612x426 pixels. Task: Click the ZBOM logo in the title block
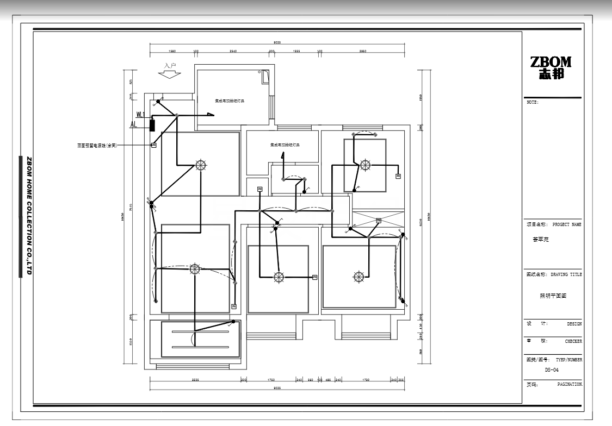pos(551,68)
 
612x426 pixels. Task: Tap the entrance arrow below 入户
pos(170,74)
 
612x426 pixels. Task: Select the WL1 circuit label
pos(140,115)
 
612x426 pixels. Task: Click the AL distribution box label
pos(133,124)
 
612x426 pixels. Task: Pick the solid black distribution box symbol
pos(153,124)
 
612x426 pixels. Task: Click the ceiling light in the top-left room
pos(201,165)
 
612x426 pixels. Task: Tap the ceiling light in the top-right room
pos(365,165)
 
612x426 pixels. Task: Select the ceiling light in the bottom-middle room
pos(279,277)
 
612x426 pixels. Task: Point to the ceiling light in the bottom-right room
pos(358,277)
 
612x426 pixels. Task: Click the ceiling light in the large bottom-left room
pos(195,268)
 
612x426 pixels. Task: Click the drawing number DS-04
pos(551,369)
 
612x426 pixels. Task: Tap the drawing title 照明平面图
pos(553,296)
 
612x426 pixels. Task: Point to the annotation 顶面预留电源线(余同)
pos(97,146)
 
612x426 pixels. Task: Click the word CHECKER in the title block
pos(572,342)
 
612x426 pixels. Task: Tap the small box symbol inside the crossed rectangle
pos(379,221)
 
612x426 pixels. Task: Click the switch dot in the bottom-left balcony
pos(233,322)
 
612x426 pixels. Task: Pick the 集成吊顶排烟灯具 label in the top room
pos(229,101)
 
